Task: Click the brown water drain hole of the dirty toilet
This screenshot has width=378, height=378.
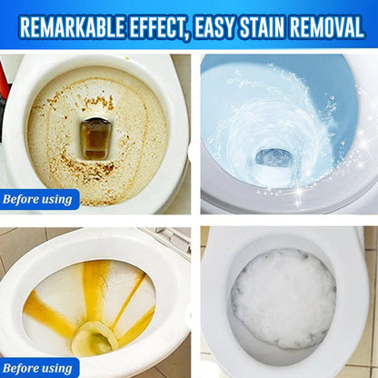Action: click(95, 137)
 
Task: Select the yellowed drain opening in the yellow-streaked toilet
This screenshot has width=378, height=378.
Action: click(94, 339)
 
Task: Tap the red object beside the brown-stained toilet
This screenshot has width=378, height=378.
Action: click(4, 91)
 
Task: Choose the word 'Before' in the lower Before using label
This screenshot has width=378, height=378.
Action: click(23, 368)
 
